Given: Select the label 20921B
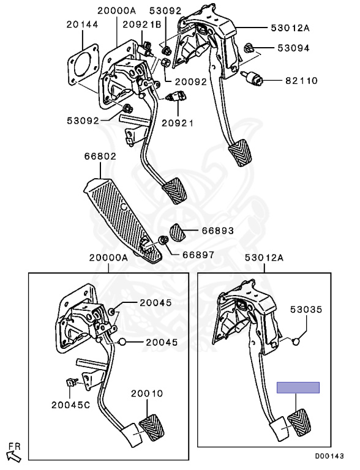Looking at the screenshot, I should [x=141, y=24].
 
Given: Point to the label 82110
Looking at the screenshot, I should [x=300, y=80].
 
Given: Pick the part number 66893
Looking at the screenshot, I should [x=217, y=232].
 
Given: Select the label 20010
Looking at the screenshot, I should [x=146, y=393].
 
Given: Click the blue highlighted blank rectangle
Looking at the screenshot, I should [x=298, y=387].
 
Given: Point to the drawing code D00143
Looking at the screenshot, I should [x=330, y=457].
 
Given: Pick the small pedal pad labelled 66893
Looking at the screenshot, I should [x=178, y=233].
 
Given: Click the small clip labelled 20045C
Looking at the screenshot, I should [x=70, y=383].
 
